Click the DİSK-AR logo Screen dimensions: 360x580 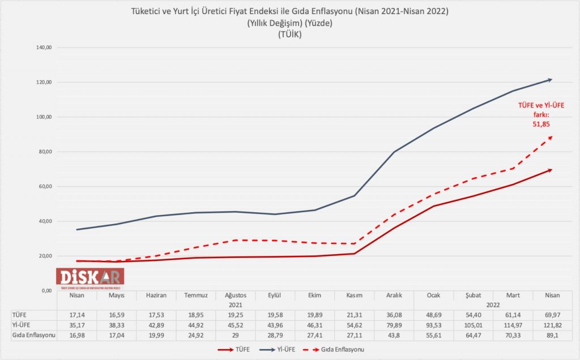(x=90, y=276)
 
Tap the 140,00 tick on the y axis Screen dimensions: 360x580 (x=44, y=48)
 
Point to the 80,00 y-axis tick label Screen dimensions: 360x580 (x=44, y=152)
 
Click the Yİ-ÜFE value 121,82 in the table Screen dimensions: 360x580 (x=552, y=324)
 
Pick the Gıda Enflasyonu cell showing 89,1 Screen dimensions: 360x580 (x=552, y=335)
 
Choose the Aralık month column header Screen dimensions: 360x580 (x=394, y=295)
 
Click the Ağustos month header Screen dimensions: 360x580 (x=235, y=295)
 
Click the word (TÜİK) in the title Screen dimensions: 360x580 (x=289, y=35)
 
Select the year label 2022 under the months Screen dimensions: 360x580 (x=493, y=304)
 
